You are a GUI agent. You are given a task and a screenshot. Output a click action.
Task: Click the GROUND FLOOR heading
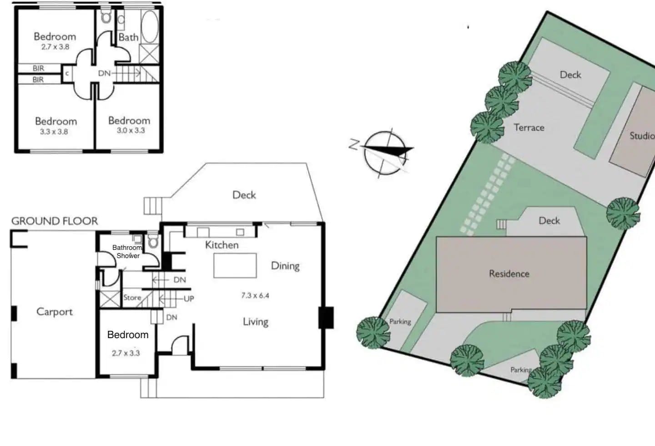click(x=55, y=221)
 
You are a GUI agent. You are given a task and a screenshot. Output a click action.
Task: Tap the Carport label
click(x=55, y=312)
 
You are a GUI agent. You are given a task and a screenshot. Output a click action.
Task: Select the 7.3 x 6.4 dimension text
click(x=255, y=295)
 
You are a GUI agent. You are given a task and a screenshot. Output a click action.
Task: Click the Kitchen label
click(x=222, y=245)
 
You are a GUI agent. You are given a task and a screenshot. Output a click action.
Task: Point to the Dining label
click(x=285, y=266)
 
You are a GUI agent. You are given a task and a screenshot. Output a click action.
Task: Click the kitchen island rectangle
click(x=235, y=265)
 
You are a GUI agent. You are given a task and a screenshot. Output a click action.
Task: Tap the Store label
click(x=132, y=298)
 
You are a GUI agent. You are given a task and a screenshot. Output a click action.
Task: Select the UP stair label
click(x=189, y=299)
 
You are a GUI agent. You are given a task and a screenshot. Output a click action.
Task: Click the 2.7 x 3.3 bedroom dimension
click(x=126, y=353)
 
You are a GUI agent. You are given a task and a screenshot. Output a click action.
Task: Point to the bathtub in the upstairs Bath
click(x=150, y=27)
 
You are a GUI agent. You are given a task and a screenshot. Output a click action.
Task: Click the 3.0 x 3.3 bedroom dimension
click(x=131, y=131)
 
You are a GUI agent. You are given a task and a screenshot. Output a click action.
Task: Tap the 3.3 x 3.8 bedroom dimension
click(x=54, y=132)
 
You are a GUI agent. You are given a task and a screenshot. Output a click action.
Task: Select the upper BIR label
click(x=38, y=68)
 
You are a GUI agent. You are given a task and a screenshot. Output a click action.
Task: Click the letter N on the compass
click(x=354, y=145)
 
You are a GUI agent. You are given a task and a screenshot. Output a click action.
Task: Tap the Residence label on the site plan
click(x=509, y=274)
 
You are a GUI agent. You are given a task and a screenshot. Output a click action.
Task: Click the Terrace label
click(x=529, y=127)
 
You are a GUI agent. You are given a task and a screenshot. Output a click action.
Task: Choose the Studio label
click(x=642, y=136)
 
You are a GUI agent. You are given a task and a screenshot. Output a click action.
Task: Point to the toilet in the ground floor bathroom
click(x=153, y=241)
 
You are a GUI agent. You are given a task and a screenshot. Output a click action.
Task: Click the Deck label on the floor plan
click(x=244, y=195)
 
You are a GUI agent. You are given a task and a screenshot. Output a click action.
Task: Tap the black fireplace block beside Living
click(x=326, y=318)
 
